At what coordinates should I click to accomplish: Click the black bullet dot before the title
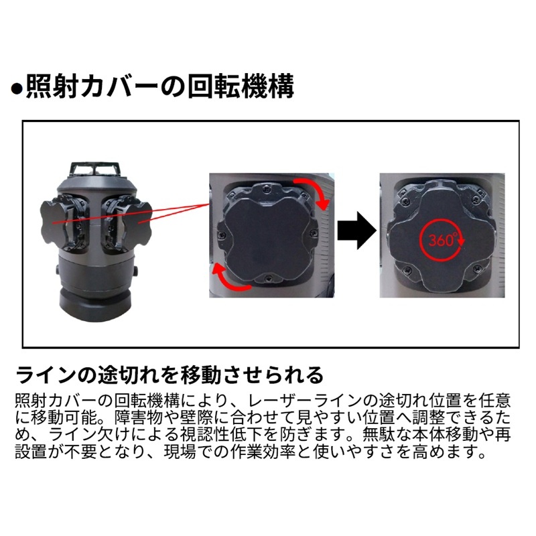[16, 89]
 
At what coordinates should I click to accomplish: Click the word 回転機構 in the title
[241, 86]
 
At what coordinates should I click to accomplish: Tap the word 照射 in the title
[53, 86]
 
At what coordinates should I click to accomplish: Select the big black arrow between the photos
[356, 230]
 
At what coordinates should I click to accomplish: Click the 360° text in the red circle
[442, 240]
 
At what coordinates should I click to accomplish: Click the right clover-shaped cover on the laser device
[139, 222]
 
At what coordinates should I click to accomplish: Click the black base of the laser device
[95, 304]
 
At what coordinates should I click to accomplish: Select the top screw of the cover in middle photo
[266, 187]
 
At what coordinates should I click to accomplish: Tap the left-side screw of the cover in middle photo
[222, 234]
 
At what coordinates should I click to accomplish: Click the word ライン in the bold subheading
[46, 375]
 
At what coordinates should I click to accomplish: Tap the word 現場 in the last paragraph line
[180, 452]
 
